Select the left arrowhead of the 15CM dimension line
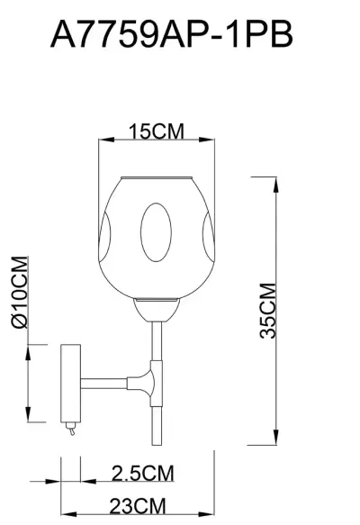click(102, 140)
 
